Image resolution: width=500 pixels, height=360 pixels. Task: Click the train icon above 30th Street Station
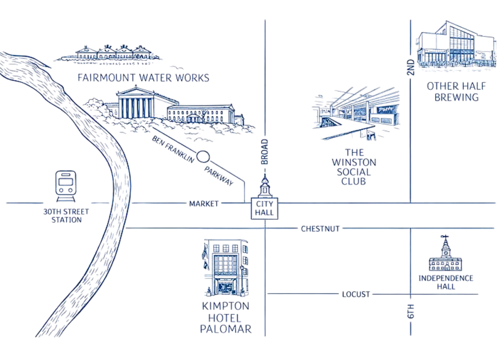point(66,186)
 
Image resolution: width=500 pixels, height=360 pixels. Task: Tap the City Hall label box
point(265,208)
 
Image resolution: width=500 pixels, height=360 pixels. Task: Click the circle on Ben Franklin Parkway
point(203,157)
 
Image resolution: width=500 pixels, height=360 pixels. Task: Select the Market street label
point(204,203)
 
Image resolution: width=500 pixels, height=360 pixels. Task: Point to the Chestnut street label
point(320,229)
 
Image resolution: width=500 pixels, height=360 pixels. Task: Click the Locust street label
point(356,294)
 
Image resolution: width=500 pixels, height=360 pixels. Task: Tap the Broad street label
point(265,152)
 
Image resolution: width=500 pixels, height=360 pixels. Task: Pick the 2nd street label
point(411,67)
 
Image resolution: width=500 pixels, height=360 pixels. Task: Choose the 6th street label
point(411,311)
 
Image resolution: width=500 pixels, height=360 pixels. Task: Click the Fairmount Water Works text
point(143,78)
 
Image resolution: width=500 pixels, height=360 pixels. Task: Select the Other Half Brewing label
point(456,92)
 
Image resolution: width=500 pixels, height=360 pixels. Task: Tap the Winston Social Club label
point(354,167)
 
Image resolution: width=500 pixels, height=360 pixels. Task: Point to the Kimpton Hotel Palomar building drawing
point(226,268)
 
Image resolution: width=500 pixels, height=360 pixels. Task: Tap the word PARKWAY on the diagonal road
point(219,176)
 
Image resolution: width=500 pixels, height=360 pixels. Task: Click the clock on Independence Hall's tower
point(446,253)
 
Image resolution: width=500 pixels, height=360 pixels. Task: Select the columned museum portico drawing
point(135,103)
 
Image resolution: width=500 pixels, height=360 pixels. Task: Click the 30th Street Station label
point(66,216)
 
